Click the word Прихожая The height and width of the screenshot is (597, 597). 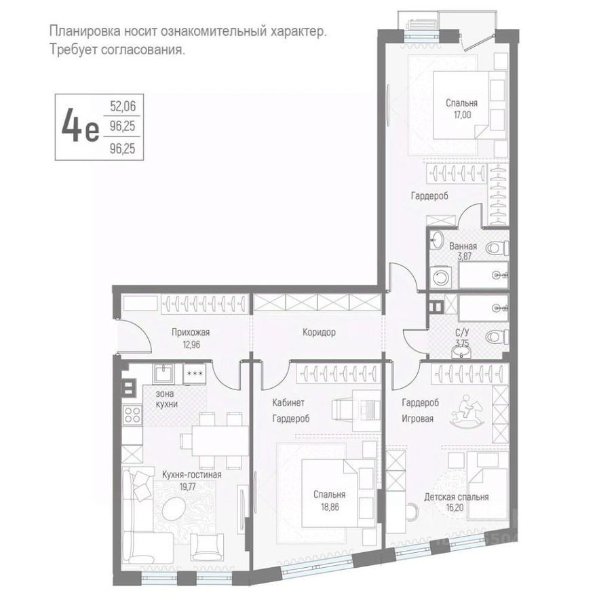coord(190,332)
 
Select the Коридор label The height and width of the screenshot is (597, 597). coord(319,332)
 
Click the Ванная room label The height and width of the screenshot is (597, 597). coord(463,246)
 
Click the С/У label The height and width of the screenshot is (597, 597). coord(462,334)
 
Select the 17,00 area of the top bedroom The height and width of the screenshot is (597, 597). coord(461,115)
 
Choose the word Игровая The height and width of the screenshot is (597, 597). coord(417,419)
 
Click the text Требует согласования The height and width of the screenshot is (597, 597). coord(117,50)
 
